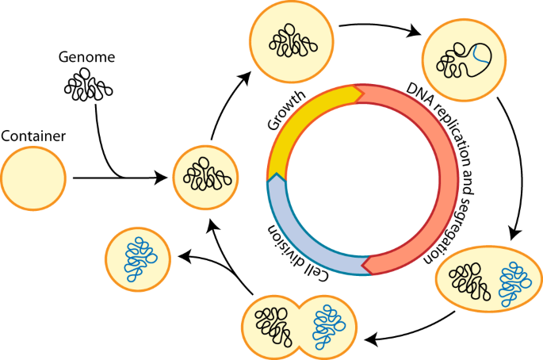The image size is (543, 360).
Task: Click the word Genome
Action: click(x=86, y=57)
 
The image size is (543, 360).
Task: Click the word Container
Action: click(x=33, y=136)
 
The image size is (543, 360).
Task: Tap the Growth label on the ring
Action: click(x=287, y=110)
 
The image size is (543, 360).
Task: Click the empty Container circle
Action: click(x=33, y=178)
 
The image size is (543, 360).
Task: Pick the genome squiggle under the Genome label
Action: click(x=88, y=85)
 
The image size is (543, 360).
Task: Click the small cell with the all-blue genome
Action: click(x=138, y=259)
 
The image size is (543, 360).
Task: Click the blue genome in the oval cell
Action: click(x=515, y=284)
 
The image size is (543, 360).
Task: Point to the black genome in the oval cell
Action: click(x=469, y=281)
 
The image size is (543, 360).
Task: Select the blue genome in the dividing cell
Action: click(x=328, y=327)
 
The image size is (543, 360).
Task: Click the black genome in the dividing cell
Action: click(x=273, y=327)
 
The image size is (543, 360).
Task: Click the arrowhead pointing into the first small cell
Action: click(x=162, y=178)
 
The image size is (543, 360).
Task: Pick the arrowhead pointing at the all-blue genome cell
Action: click(x=184, y=257)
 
